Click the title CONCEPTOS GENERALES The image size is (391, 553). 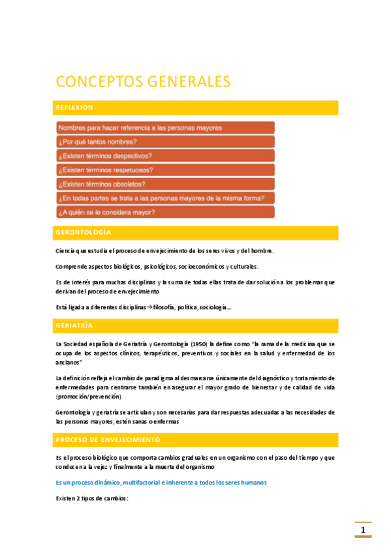coord(143,82)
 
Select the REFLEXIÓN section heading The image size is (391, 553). coord(75,108)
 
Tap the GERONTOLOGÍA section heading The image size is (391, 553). coord(84,233)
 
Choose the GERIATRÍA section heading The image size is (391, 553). coord(75,325)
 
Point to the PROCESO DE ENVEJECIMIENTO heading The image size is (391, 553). coord(107,440)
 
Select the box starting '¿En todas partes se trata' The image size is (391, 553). coord(165,198)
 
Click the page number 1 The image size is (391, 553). coord(363,530)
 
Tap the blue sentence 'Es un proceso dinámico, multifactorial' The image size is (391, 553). coord(161,482)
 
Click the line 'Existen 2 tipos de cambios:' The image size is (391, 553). coord(92,498)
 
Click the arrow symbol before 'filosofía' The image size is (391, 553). coord(148,306)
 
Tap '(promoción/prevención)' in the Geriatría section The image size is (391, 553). coord(89,396)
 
